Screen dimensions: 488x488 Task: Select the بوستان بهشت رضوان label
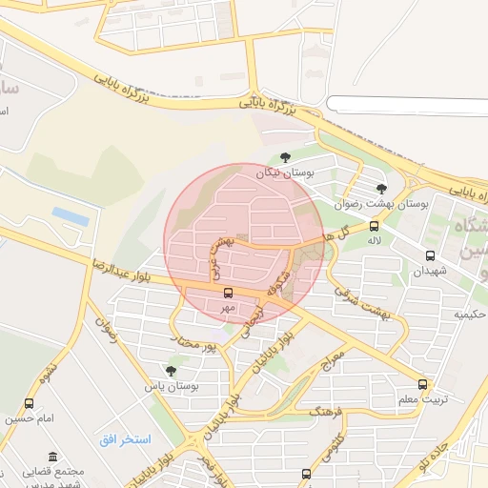383,204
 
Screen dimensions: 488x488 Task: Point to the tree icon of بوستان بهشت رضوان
382,189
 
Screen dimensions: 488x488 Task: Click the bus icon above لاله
374,227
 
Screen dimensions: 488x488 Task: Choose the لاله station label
374,241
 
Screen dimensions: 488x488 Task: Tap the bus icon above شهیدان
430,255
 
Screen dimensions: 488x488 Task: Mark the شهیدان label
429,271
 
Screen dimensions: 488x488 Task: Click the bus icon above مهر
228,294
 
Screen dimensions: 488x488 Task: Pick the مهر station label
228,308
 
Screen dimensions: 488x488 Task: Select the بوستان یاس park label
171,386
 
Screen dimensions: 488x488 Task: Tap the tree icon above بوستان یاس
171,371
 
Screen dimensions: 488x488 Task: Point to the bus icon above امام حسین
29,404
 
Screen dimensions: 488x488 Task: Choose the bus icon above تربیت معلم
423,385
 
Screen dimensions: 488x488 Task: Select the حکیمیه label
470,314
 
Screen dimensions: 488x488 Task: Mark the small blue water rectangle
71,216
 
